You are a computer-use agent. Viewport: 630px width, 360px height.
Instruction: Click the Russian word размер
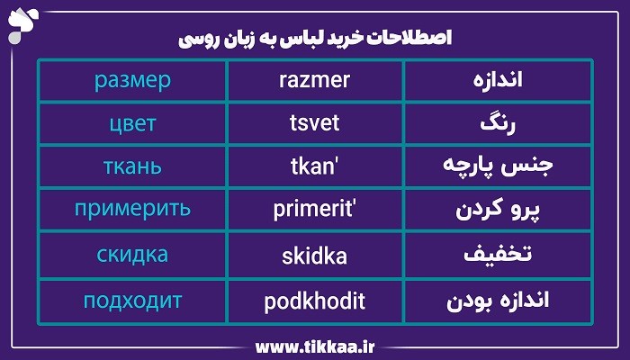[132, 80]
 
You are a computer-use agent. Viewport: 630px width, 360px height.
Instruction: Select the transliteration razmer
[315, 80]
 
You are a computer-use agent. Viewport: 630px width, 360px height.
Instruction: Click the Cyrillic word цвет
[132, 122]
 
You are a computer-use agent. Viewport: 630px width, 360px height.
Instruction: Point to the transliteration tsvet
[315, 122]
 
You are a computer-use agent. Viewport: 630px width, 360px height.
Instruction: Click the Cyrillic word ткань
[132, 166]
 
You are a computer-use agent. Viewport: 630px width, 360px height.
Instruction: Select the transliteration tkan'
[315, 166]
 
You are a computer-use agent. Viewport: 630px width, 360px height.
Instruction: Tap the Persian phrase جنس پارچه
[498, 166]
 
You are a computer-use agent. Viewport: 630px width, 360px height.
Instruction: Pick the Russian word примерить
[132, 211]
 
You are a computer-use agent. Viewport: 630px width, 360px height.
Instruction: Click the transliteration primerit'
[315, 211]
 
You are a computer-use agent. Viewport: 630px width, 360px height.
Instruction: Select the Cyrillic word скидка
[132, 255]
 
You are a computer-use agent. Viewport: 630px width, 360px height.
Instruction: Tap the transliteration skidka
[315, 255]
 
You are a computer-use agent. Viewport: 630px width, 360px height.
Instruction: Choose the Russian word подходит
[132, 300]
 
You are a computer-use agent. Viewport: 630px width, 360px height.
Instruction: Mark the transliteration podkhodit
[315, 300]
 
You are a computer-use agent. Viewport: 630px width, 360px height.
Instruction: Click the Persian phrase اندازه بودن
[498, 300]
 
